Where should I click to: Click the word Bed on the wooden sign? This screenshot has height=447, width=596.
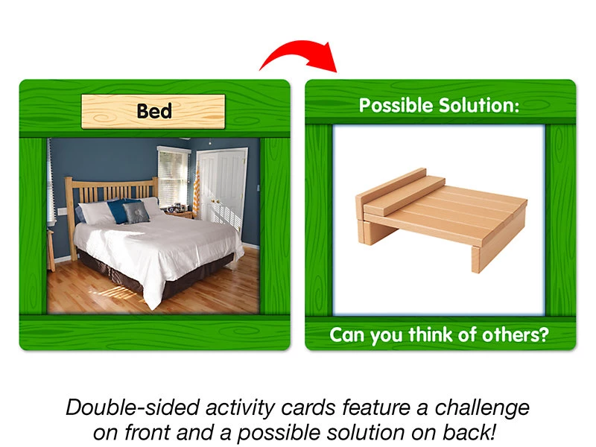pyautogui.click(x=154, y=111)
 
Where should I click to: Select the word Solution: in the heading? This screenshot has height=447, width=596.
pyautogui.click(x=479, y=105)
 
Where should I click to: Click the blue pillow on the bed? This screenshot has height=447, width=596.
pyautogui.click(x=118, y=210)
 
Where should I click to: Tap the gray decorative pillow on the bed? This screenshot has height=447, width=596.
pyautogui.click(x=137, y=212)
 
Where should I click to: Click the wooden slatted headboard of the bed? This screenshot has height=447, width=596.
pyautogui.click(x=110, y=194)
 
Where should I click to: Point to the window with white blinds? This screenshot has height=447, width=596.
pyautogui.click(x=174, y=177)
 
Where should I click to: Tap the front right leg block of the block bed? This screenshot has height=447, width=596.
pyautogui.click(x=480, y=259)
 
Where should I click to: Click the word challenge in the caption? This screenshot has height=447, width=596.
pyautogui.click(x=482, y=408)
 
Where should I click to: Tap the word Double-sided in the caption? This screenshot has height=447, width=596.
pyautogui.click(x=133, y=407)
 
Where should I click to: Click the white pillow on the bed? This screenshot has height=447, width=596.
pyautogui.click(x=96, y=212)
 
